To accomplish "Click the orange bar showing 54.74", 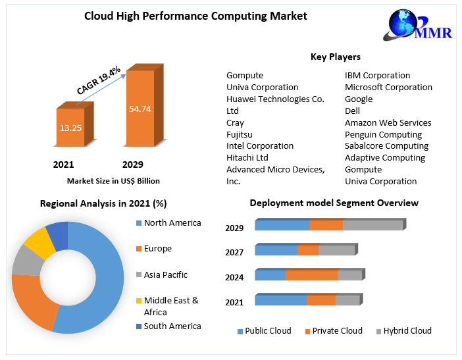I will (140, 109).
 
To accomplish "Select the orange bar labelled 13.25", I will (70, 128).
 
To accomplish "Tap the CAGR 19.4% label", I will (98, 81).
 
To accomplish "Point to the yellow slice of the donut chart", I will (39, 242).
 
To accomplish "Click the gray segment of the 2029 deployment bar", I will (372, 225).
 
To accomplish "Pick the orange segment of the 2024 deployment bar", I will (311, 275).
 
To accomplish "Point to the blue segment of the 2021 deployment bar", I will (280, 300).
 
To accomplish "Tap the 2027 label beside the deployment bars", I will (234, 253).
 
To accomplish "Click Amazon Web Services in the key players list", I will (388, 122).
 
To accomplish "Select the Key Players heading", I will (335, 57).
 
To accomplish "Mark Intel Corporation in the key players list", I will (260, 145).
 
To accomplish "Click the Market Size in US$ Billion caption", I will (113, 180).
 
